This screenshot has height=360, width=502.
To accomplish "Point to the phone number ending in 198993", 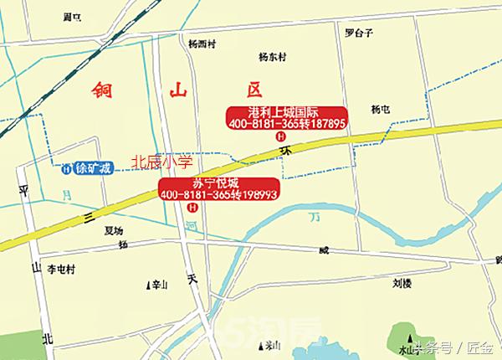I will point(218,194).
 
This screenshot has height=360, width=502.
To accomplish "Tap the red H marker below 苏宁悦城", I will point(193,206).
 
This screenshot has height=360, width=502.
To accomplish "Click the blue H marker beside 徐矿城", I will point(65,167).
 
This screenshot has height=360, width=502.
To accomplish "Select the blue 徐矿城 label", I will point(93,167).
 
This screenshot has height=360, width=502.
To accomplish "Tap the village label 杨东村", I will point(273,57).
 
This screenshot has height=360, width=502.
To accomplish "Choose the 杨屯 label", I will point(381,109).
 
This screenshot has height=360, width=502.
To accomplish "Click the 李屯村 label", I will point(61,270).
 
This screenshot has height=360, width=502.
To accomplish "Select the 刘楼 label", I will point(402,283).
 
